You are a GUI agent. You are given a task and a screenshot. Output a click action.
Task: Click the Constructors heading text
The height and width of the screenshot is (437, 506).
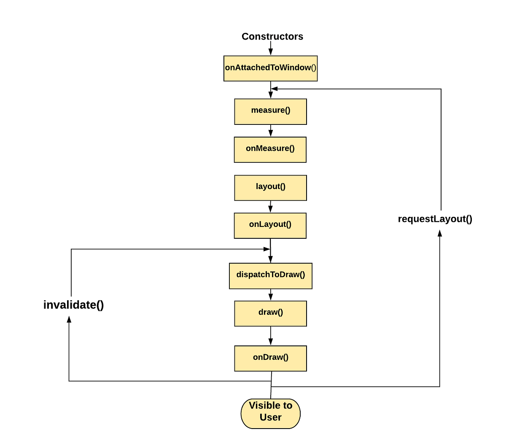(272, 37)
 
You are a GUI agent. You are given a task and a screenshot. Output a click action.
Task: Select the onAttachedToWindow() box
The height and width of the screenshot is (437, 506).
(270, 68)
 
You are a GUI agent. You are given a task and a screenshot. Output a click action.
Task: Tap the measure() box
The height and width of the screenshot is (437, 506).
(270, 111)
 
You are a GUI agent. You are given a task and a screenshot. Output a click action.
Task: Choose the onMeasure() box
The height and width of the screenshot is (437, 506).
(270, 149)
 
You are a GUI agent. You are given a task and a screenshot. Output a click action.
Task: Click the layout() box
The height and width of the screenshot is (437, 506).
(270, 188)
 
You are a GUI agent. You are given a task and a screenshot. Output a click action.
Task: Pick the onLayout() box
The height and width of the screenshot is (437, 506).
(270, 225)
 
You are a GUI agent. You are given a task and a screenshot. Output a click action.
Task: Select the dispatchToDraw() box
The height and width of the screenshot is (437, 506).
(270, 276)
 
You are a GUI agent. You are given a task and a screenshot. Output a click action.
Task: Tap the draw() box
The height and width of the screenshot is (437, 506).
(270, 313)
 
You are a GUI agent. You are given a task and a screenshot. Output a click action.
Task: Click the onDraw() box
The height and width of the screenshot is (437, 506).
(270, 359)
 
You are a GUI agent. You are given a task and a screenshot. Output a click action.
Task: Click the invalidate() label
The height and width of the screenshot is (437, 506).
(73, 305)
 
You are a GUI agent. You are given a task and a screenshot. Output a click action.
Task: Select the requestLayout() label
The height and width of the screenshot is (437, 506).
(435, 219)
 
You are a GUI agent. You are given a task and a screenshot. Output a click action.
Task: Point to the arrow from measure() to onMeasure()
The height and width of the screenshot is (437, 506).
(270, 131)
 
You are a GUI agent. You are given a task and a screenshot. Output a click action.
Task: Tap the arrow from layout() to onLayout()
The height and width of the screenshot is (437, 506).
(270, 207)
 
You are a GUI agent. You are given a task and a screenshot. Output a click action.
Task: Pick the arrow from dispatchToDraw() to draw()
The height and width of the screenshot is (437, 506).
(270, 295)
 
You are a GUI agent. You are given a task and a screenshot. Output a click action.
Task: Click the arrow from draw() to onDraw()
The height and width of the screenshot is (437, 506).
(270, 336)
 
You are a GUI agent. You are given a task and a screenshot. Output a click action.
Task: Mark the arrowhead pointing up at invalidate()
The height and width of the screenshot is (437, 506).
(69, 320)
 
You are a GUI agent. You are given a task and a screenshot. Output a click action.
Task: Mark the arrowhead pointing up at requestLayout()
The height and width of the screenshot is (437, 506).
(440, 233)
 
